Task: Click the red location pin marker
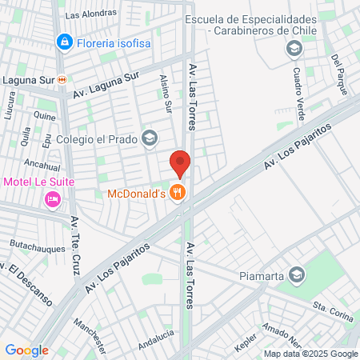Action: pos(180,162)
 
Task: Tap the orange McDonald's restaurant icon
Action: pos(178,193)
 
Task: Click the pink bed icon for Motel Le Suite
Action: pos(53,198)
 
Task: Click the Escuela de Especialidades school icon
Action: pos(294,48)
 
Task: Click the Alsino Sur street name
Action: pos(166,94)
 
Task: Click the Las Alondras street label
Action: pos(90,14)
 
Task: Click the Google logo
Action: pos(26,350)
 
